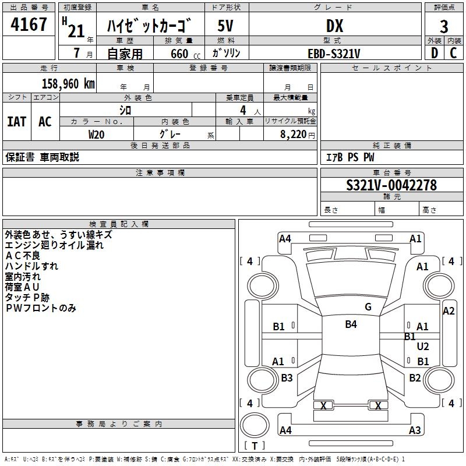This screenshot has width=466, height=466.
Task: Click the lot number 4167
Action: tap(29, 24)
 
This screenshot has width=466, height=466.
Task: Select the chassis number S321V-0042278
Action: tap(391, 185)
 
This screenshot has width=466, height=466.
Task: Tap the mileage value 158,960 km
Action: tap(68, 84)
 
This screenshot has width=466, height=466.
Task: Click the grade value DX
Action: tap(334, 26)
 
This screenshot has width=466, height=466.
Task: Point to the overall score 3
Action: tap(444, 27)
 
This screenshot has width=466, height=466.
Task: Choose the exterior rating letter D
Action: tap(435, 53)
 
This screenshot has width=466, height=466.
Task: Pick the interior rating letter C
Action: tap(453, 53)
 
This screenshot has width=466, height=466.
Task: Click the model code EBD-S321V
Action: tap(334, 54)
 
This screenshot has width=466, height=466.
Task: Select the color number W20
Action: tap(96, 135)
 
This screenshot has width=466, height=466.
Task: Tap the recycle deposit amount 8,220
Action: tap(294, 135)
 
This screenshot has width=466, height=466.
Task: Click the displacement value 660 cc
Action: tap(185, 54)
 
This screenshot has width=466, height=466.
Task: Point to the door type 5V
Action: tap(225, 26)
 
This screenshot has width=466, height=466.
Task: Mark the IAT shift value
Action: tap(17, 122)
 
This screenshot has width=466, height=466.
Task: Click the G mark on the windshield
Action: tap(368, 306)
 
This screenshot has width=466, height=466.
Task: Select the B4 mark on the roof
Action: tap(351, 324)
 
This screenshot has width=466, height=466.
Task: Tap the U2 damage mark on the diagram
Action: tap(423, 346)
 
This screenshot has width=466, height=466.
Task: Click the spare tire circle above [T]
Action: tap(255, 425)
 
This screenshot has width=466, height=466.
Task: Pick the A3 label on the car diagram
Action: tap(415, 430)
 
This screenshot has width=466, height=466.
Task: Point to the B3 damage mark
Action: tap(287, 377)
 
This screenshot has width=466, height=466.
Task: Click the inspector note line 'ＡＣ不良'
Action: tap(23, 256)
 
